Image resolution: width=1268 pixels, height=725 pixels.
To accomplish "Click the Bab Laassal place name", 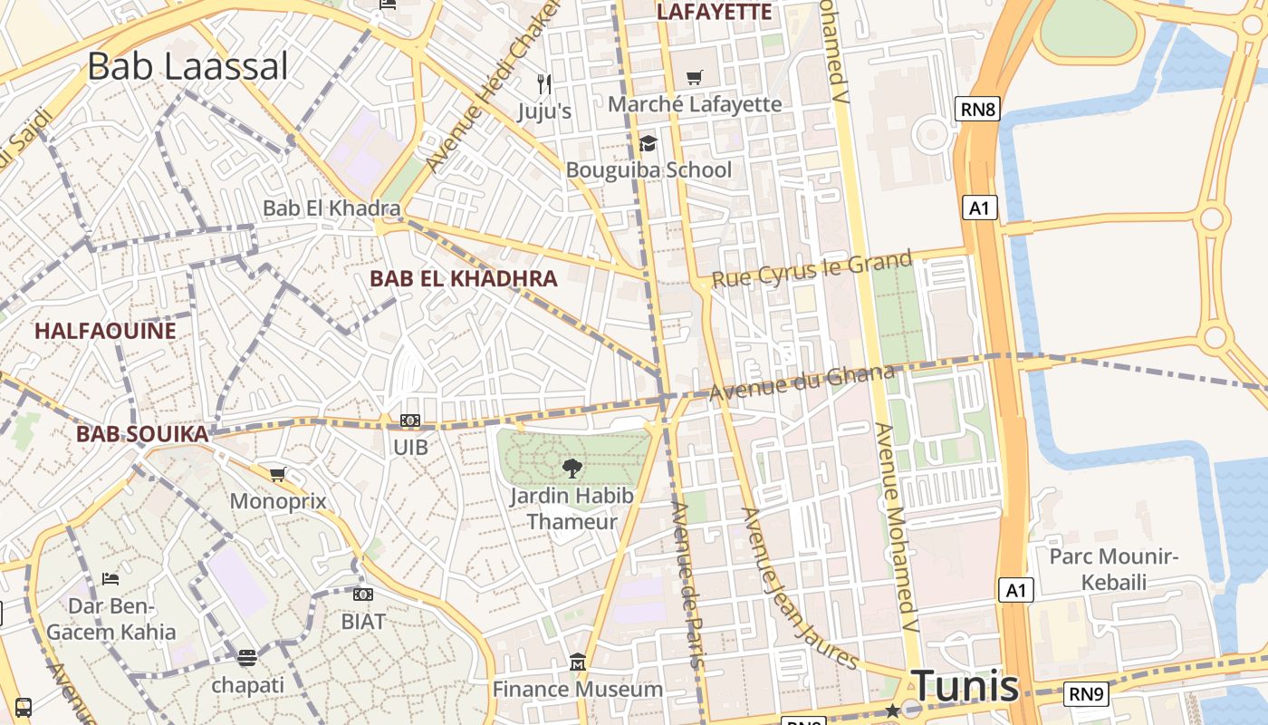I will [x=187, y=66].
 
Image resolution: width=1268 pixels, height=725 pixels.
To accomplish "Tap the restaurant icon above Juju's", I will [x=544, y=83].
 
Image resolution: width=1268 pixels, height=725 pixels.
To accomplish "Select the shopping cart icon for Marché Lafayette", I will [x=695, y=78].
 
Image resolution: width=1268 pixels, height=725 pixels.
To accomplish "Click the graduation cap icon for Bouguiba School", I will [x=648, y=143].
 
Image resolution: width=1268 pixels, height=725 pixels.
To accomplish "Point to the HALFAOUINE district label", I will [x=105, y=331].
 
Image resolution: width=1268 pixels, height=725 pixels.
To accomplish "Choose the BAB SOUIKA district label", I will [x=142, y=434].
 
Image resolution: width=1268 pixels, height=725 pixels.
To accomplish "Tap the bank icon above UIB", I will [x=410, y=420].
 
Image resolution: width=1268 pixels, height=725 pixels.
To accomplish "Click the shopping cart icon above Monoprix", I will [x=278, y=474].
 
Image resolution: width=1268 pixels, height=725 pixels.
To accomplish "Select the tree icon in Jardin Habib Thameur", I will [x=572, y=468].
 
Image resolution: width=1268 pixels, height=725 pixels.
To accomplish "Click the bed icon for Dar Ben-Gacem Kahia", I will [x=110, y=578].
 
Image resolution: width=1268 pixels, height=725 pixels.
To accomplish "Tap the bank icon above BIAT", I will [x=363, y=594].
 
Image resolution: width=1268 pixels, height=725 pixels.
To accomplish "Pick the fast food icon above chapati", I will [x=247, y=657].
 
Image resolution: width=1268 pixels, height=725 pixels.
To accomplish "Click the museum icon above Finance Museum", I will [x=578, y=662].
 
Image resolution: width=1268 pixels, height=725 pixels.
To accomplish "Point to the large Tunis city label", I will [x=965, y=685].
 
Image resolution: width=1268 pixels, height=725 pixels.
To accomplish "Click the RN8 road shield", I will [x=978, y=110].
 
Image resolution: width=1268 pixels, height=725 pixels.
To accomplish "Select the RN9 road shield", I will [x=1086, y=694].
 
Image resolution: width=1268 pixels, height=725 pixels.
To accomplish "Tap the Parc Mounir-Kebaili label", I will [x=1114, y=568].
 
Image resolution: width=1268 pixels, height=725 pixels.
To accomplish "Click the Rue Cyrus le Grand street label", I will [x=812, y=270].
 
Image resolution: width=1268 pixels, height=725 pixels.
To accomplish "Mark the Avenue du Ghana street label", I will [x=802, y=383].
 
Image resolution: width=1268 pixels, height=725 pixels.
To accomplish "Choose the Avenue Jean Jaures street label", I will [x=799, y=589].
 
